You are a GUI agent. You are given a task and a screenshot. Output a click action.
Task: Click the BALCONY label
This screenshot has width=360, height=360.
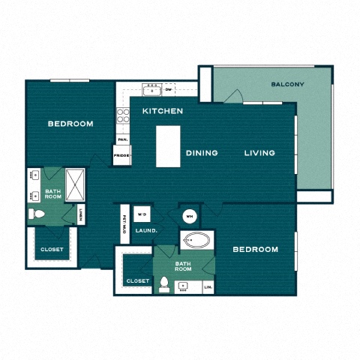[287, 84]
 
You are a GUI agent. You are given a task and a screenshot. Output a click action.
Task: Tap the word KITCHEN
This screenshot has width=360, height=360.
[163, 111]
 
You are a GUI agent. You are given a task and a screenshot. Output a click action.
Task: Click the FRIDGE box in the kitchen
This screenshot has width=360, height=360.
[121, 156]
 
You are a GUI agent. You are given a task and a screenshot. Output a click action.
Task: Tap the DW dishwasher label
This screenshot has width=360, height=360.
[169, 89]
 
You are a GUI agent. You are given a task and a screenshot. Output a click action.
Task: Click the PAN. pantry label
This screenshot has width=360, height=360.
[121, 139]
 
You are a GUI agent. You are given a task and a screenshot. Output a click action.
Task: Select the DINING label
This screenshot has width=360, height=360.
[202, 153]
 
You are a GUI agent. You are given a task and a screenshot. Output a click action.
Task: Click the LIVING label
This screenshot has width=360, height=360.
[259, 153]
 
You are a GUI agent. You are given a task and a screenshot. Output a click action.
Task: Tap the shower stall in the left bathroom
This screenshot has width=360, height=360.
[76, 181]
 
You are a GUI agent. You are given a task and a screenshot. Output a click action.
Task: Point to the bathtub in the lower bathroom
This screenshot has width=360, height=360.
[197, 243]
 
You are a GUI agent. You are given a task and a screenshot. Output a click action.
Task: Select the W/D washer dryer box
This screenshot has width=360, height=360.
[142, 214]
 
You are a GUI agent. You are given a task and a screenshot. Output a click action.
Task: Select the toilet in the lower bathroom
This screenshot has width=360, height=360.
[164, 285]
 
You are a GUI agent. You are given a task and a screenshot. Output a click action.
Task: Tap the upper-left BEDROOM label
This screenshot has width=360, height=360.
[70, 124]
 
